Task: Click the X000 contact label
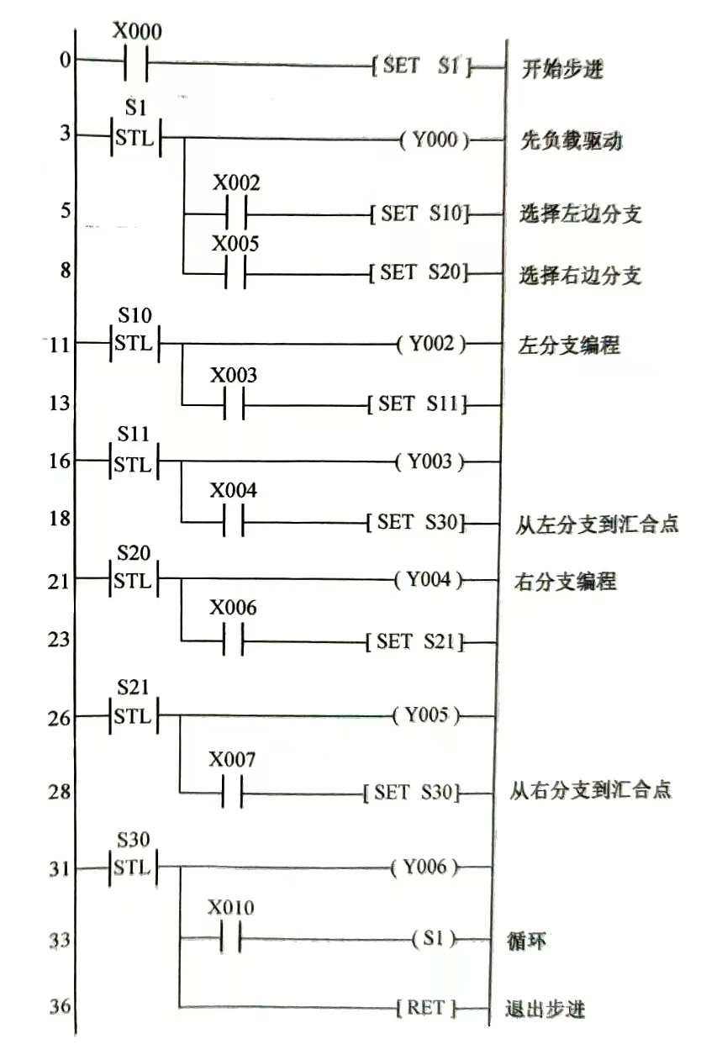[137, 31]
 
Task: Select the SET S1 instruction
[421, 66]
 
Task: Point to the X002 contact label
[235, 183]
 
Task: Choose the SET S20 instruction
[419, 272]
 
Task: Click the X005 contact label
[235, 244]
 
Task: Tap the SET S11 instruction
[417, 404]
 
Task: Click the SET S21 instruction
[416, 643]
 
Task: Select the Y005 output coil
[432, 717]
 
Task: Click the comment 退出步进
[545, 1009]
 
